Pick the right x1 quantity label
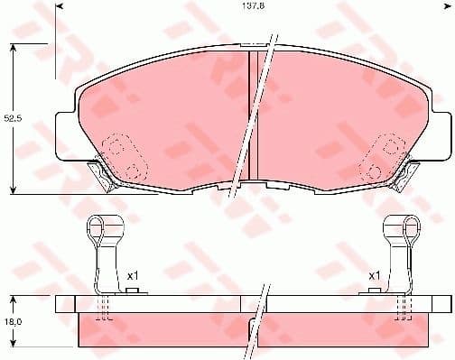pos(372,275)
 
